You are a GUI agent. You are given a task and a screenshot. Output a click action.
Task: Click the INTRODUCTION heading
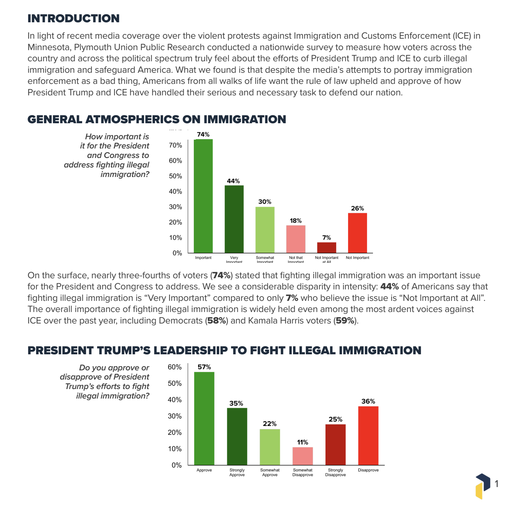(73, 18)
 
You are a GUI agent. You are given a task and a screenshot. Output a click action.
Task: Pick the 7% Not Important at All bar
(326, 247)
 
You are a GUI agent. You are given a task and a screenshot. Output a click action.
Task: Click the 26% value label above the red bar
(357, 208)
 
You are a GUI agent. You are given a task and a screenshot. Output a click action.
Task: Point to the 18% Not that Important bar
(296, 239)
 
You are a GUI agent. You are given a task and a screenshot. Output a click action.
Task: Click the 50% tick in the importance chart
(176, 176)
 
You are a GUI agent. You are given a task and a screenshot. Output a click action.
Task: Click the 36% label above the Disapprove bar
(368, 401)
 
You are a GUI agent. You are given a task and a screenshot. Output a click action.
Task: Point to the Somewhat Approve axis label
(270, 472)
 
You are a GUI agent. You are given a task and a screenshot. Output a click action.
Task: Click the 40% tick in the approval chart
(175, 400)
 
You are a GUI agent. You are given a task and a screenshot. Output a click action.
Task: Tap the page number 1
(496, 484)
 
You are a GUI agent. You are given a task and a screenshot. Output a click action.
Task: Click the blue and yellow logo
(483, 486)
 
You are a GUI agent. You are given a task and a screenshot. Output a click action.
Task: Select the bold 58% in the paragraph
(216, 321)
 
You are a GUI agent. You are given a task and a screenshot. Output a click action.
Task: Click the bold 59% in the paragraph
(345, 321)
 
